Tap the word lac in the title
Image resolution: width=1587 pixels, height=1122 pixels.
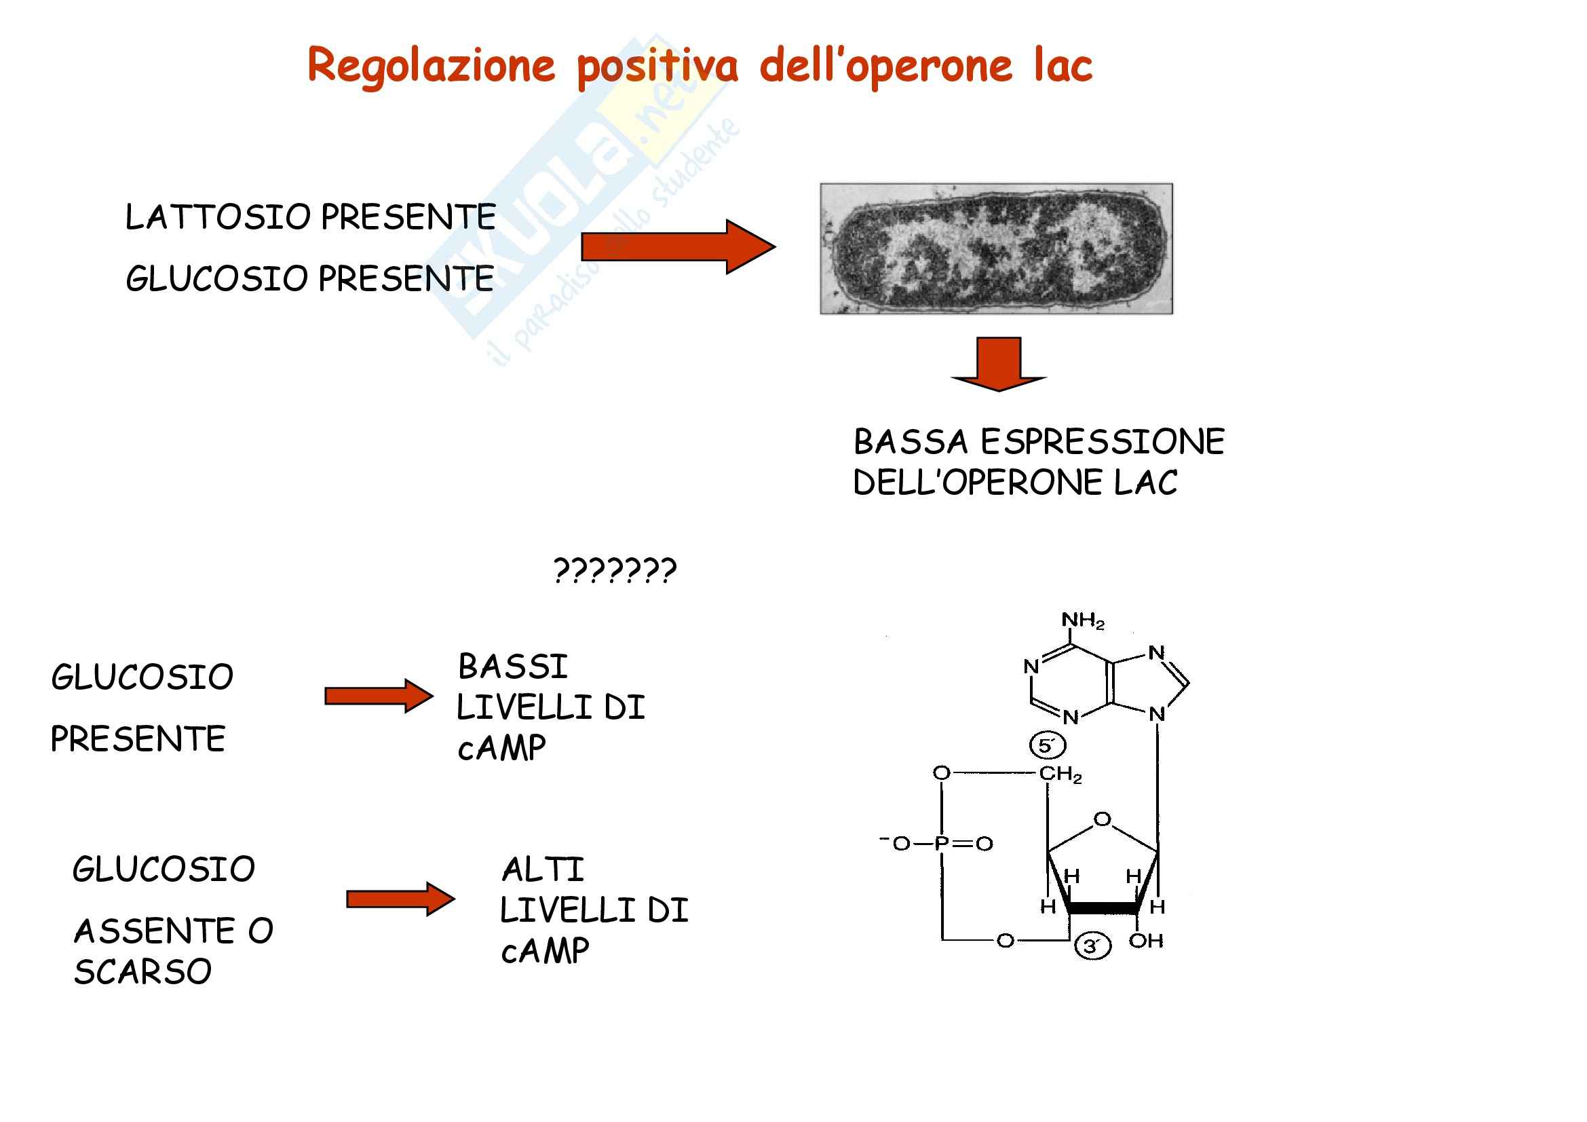pyautogui.click(x=1063, y=66)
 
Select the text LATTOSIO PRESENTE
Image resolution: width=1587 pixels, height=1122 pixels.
pyautogui.click(x=310, y=217)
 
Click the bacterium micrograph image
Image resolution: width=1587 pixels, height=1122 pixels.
pyautogui.click(x=996, y=249)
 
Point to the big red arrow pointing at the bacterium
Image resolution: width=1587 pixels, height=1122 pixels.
pyautogui.click(x=677, y=247)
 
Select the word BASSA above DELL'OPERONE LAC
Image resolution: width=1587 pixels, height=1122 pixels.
pyautogui.click(x=911, y=442)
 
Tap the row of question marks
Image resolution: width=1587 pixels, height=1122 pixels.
pyautogui.click(x=615, y=571)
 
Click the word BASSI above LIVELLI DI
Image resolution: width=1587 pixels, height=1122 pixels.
pyautogui.click(x=513, y=667)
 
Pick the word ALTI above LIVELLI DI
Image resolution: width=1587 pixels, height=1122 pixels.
pyautogui.click(x=543, y=869)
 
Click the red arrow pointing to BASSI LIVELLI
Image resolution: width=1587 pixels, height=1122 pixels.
pyautogui.click(x=379, y=696)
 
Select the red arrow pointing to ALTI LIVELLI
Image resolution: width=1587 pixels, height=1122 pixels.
pyautogui.click(x=400, y=899)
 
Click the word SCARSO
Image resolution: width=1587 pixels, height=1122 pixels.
pyautogui.click(x=143, y=972)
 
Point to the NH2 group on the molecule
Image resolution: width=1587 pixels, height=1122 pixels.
pyautogui.click(x=1082, y=620)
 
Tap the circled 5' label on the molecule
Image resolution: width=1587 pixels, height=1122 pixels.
pyautogui.click(x=1048, y=745)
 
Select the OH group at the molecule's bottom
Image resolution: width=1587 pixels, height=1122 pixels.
pyautogui.click(x=1146, y=941)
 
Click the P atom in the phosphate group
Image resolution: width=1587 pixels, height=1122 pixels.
pyautogui.click(x=940, y=843)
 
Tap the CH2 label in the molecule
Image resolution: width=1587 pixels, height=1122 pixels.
pyautogui.click(x=1060, y=774)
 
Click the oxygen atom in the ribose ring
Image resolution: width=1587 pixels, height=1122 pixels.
pyautogui.click(x=1103, y=819)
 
